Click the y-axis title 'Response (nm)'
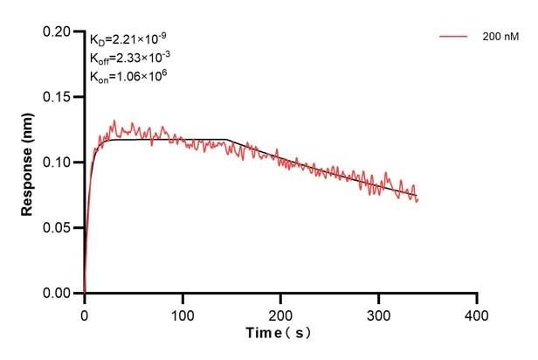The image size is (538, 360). click(x=28, y=162)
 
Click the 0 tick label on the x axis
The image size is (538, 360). click(x=84, y=312)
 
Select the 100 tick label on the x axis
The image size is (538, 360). click(x=182, y=312)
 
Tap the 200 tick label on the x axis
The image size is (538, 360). click(x=280, y=312)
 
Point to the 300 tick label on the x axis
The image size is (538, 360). click(x=378, y=312)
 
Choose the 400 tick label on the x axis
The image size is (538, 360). click(x=476, y=312)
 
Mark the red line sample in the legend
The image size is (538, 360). click(x=454, y=38)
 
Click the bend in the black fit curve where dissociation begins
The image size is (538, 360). click(x=227, y=140)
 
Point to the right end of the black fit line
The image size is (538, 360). click(x=417, y=196)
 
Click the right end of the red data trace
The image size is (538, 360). click(x=418, y=200)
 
